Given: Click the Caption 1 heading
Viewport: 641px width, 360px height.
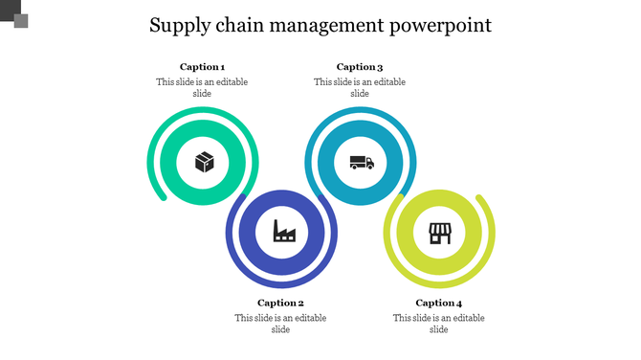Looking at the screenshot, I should pos(202,67).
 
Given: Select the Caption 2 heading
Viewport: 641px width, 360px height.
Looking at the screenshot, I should pos(280,303).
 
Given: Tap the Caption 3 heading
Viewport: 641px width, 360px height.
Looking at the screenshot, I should pos(360,67).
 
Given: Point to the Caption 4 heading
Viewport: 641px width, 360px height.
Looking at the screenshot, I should pos(439,303).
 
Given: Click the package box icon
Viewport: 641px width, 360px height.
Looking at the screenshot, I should pos(204,162).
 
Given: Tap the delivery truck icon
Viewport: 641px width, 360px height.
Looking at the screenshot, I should pos(361,162).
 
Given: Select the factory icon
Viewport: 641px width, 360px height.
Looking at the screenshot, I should pos(284,231).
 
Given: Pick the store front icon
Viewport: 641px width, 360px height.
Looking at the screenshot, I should pos(439,232).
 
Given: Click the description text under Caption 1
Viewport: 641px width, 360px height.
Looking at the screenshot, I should pos(202,87).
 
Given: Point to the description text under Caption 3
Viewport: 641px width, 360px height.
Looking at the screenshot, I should pos(360,87).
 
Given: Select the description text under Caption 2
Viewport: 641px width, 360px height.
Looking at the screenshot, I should pos(280,323).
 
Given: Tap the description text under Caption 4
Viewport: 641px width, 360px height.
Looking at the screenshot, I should pos(439,323).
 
